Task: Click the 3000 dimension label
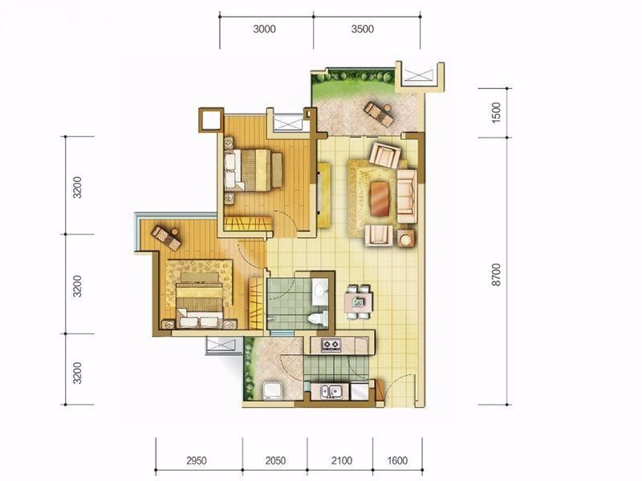point(264,29)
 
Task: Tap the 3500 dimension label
point(363,29)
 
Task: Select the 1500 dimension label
point(495,112)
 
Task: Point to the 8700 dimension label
point(495,275)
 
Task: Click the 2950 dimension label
point(196,460)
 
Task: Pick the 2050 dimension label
point(275,460)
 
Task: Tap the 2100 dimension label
point(342,460)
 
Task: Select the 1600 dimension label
point(397,460)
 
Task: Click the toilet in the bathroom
point(319,318)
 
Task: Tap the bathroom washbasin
point(320,291)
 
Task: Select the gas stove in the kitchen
point(331,345)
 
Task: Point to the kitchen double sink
point(331,391)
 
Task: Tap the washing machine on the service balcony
point(272,390)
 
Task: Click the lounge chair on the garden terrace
point(379,113)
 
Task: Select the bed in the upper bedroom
point(253,170)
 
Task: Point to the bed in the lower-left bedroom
point(199,301)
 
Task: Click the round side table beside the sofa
point(406,239)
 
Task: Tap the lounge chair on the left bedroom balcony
point(166,237)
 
